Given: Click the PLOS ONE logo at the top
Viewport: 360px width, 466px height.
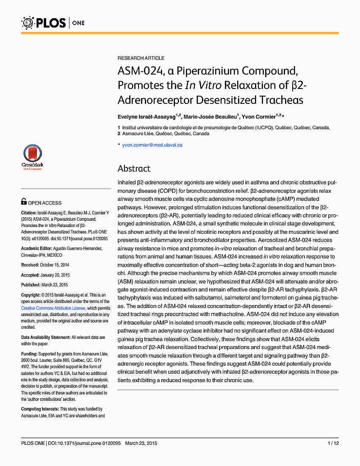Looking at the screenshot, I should (x=53, y=22).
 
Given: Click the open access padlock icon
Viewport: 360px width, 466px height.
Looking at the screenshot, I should (x=24, y=202).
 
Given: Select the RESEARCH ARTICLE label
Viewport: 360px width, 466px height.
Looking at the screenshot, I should (x=141, y=58).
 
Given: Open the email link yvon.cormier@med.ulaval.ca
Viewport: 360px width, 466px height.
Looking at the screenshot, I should (x=152, y=145).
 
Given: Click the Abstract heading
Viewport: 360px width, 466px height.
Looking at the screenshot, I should (x=134, y=169).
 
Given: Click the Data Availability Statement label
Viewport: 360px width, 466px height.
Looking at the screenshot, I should (x=46, y=337).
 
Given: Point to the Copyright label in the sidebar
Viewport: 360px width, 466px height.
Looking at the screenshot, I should (x=30, y=295).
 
